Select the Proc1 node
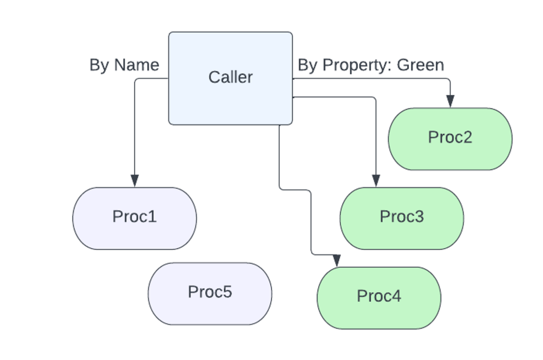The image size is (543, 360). click(x=134, y=233)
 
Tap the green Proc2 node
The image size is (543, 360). click(x=450, y=155)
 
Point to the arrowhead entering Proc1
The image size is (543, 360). click(x=134, y=180)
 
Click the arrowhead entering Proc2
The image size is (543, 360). click(x=450, y=101)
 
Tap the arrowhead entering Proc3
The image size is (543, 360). click(x=376, y=180)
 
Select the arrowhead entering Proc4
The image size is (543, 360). click(x=337, y=260)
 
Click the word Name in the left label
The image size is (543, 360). click(x=136, y=65)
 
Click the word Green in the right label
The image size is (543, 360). click(x=420, y=65)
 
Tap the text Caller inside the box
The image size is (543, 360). click(x=230, y=77)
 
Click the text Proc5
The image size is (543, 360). click(x=210, y=292)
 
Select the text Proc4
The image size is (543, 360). click(x=379, y=296)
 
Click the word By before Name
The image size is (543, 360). click(x=99, y=65)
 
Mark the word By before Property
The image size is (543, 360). click(x=307, y=65)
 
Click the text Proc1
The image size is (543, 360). click(x=134, y=217)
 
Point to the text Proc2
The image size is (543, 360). click(x=450, y=137)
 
